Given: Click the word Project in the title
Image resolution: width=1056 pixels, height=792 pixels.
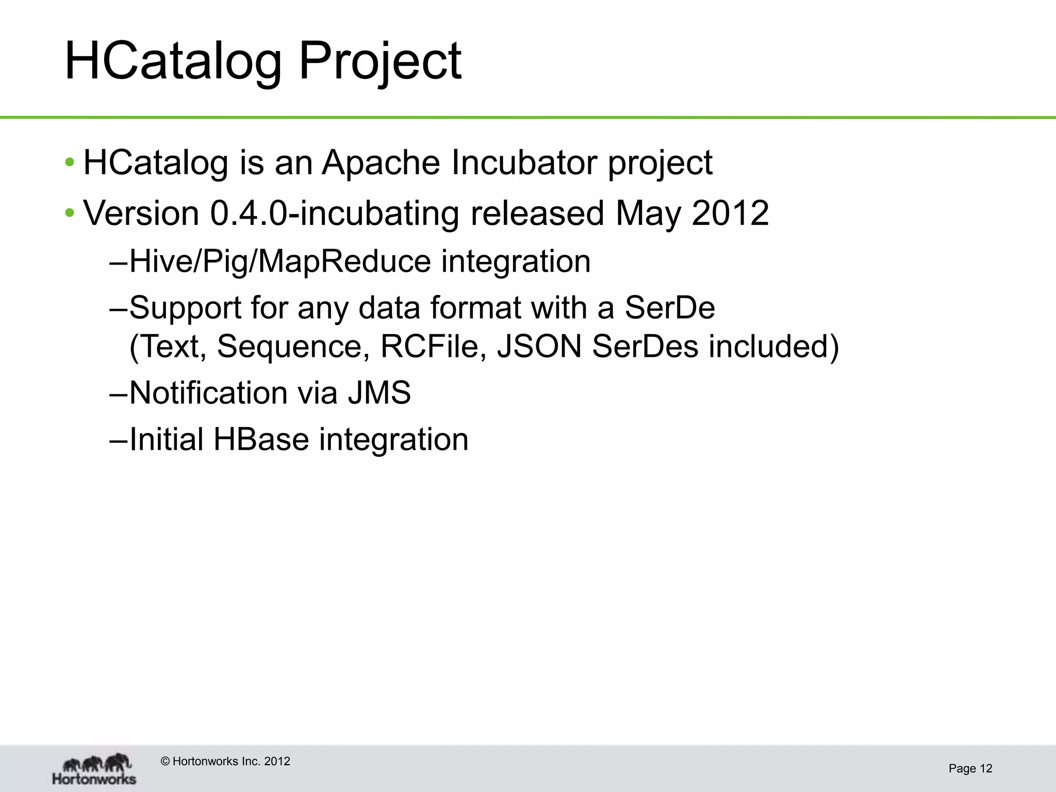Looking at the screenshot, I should click(380, 62).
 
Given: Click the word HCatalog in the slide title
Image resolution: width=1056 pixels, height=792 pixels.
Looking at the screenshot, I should click(173, 62).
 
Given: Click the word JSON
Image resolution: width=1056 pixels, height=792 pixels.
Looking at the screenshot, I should click(539, 346).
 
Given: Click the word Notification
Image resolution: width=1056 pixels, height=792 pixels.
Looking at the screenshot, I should click(208, 393).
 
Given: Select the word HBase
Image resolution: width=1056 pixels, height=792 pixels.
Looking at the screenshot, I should click(261, 440).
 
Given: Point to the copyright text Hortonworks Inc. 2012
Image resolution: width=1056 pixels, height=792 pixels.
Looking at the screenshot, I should click(225, 762).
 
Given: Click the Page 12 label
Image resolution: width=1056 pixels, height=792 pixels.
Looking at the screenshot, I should click(970, 769).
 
